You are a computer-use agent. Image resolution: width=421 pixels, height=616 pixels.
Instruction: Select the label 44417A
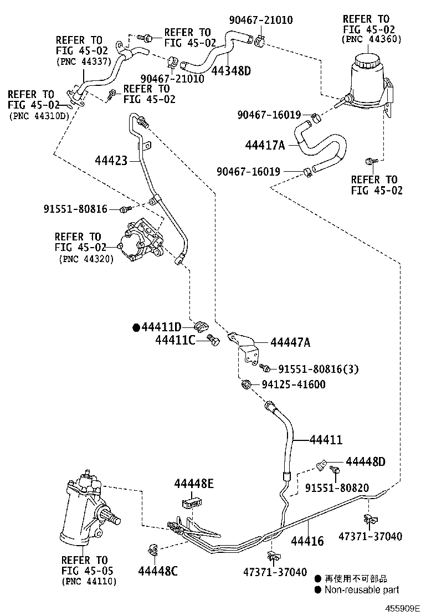coord(265,145)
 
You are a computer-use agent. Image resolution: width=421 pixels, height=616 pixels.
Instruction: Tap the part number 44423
coord(111,161)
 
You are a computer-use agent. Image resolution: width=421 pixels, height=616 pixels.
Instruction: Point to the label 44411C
coord(175,340)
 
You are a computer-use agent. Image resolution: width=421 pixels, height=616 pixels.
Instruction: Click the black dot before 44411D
coord(136,327)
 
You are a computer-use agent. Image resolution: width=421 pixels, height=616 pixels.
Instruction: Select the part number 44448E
coord(194,484)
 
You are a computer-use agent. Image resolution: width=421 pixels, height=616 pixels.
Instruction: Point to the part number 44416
coord(307,541)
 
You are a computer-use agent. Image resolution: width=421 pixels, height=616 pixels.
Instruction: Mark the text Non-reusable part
coord(361,590)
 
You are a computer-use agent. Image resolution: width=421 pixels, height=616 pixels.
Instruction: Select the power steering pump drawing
coord(141,243)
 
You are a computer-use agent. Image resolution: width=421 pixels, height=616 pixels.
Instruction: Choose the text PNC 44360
coord(372,39)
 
